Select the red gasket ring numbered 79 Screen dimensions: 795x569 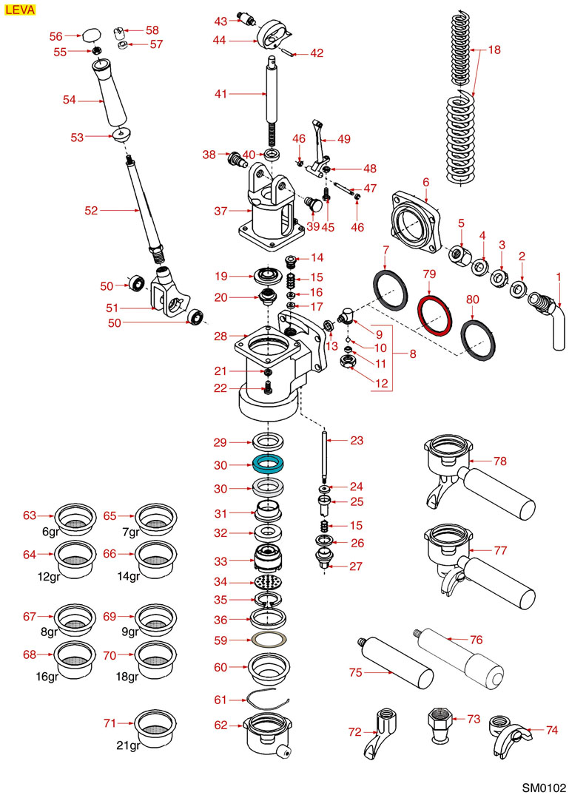click(434, 315)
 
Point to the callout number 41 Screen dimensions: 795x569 click(221, 94)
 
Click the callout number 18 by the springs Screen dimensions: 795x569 click(494, 50)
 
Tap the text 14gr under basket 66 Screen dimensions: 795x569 click(129, 576)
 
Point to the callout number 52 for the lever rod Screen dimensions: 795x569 click(92, 211)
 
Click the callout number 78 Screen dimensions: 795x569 click(500, 461)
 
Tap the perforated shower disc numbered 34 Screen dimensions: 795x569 click(270, 583)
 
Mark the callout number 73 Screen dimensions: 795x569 click(474, 718)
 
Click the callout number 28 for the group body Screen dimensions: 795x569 click(220, 336)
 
